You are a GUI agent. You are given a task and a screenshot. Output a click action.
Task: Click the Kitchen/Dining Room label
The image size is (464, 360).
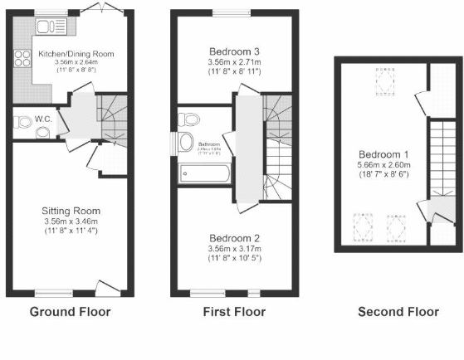[x=75, y=56]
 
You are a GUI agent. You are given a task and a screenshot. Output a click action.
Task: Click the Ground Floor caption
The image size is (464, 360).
[x=70, y=313]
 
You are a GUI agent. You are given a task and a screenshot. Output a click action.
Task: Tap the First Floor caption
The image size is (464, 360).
[x=234, y=313]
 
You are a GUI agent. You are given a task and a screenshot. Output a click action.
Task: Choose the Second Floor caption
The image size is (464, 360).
[x=398, y=313]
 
